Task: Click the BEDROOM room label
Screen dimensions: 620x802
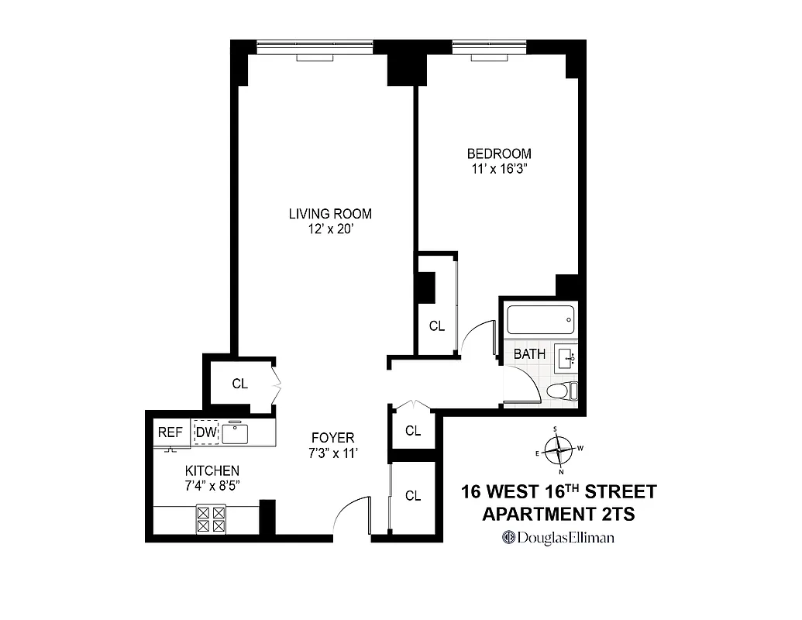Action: [x=499, y=153]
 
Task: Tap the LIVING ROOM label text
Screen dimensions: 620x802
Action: [x=330, y=213]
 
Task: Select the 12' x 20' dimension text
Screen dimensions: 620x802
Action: [x=330, y=229]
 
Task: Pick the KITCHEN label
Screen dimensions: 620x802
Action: [x=212, y=470]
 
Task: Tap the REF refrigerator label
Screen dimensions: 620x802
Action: [x=170, y=432]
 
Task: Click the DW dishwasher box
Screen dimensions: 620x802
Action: [x=206, y=432]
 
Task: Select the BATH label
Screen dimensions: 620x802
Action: [x=530, y=354]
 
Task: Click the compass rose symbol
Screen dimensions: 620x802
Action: [x=559, y=449]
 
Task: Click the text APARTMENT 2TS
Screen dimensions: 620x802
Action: [x=559, y=513]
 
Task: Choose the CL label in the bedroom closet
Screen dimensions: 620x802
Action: [x=437, y=326]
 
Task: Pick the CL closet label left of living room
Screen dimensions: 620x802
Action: [x=240, y=384]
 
